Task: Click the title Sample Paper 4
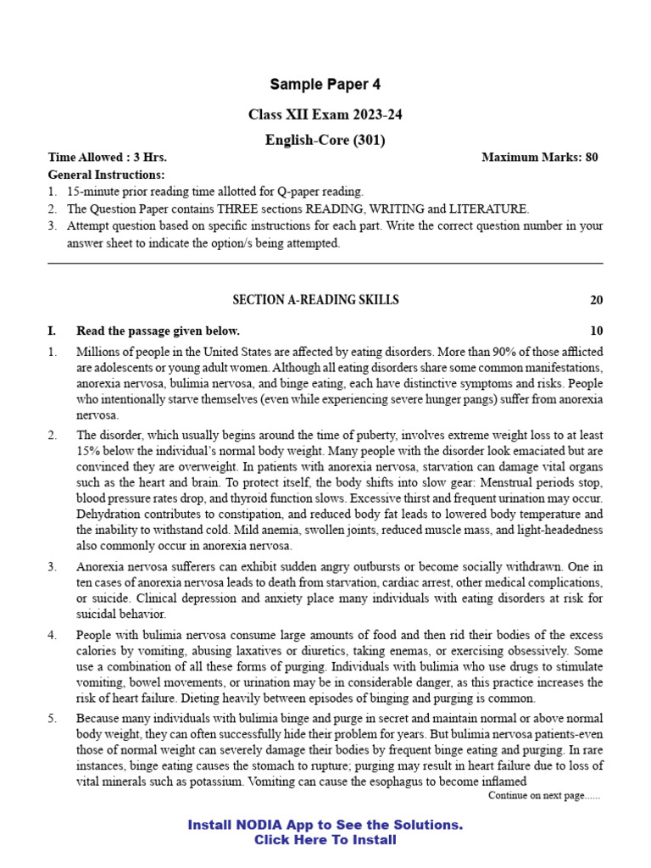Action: [325, 84]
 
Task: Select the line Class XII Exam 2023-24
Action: [325, 114]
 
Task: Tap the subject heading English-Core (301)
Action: [325, 141]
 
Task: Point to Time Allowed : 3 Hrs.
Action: [108, 158]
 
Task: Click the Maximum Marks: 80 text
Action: [539, 158]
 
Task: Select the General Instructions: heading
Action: [106, 175]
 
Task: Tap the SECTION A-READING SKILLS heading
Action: [315, 300]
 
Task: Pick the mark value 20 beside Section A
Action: [596, 300]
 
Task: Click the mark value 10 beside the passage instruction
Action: [596, 331]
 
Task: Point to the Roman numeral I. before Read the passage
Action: [53, 331]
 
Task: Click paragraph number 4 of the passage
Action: [53, 634]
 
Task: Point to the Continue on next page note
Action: [544, 796]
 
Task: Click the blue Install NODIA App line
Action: [325, 825]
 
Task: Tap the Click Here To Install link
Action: [325, 840]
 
